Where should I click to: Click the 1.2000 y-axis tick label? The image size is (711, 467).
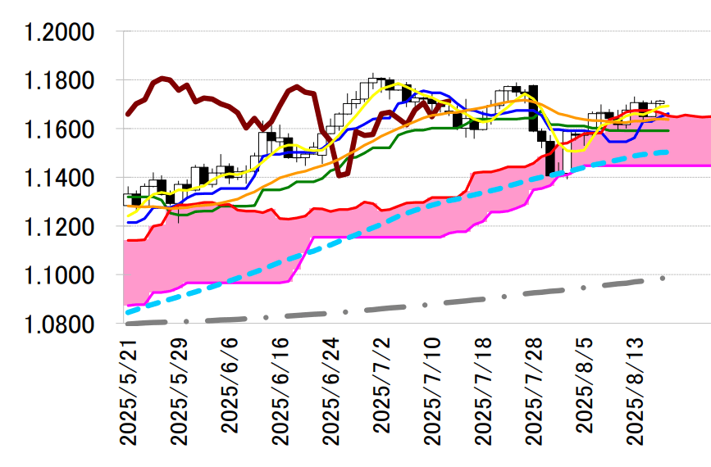coord(61,33)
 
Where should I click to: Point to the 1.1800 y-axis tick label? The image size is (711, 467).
coord(61,81)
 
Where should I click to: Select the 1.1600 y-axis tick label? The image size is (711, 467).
coord(61,129)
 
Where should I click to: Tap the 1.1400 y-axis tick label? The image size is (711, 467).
coord(61,178)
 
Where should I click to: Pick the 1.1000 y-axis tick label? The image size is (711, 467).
coord(61,275)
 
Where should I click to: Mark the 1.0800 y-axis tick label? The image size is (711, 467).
coord(61,324)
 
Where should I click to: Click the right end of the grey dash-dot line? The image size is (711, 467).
coord(663,279)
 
